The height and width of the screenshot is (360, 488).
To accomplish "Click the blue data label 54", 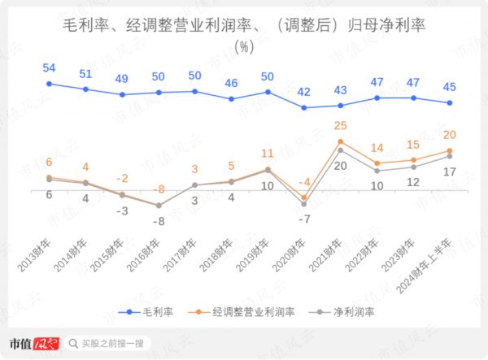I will point(49,67).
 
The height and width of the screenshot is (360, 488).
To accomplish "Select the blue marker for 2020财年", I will point(304,107).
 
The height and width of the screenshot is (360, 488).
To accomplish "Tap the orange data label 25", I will point(341,124).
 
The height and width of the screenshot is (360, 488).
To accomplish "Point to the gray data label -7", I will point(304,219).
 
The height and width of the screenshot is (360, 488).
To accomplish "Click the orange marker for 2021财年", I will point(341,141).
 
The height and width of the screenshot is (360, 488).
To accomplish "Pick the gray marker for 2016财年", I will point(159,206).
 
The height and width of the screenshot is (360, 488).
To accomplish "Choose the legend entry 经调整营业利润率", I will point(242,311).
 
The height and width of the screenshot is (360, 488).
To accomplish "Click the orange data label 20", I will point(450,134).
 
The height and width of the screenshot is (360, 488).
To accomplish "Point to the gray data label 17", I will point(450,171).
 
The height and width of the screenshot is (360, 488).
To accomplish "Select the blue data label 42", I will point(304,91).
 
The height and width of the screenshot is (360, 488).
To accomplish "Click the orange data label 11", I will point(268,153).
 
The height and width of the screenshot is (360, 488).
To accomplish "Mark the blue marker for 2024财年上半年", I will point(450,102).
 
